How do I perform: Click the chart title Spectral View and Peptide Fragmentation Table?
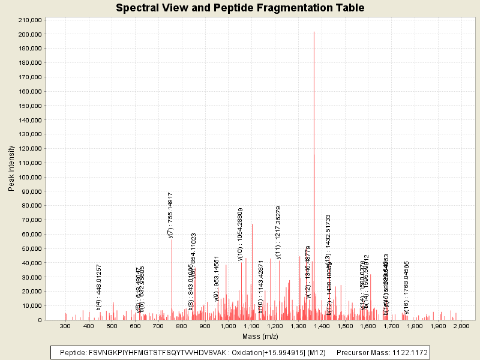(240, 8)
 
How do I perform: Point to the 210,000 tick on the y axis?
(30, 20)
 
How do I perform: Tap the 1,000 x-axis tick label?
(228, 326)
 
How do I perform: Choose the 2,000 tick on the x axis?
(461, 326)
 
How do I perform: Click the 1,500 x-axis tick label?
(344, 326)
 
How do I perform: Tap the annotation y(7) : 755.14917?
(171, 215)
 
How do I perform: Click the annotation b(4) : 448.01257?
(99, 287)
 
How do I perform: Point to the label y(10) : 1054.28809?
(241, 234)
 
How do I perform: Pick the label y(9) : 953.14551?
(217, 278)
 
